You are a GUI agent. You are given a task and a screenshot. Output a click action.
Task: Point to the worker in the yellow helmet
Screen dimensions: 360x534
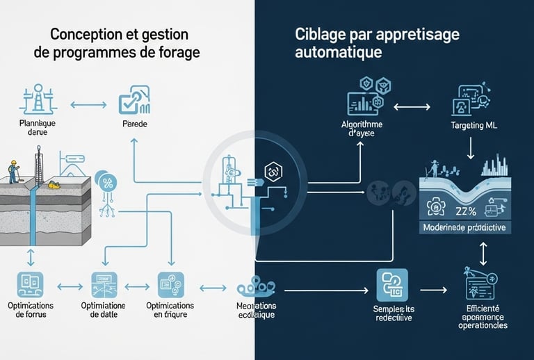12,169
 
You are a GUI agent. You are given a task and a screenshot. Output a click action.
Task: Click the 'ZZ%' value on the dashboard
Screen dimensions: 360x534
467,211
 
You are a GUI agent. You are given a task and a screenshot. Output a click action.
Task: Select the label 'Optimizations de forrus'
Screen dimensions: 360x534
31,311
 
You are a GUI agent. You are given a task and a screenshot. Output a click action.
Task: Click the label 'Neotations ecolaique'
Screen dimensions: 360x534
254,311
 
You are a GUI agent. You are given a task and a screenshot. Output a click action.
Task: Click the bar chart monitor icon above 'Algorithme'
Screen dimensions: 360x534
362,100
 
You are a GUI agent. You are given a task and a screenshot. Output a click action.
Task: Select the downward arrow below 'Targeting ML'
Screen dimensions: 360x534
472,147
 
